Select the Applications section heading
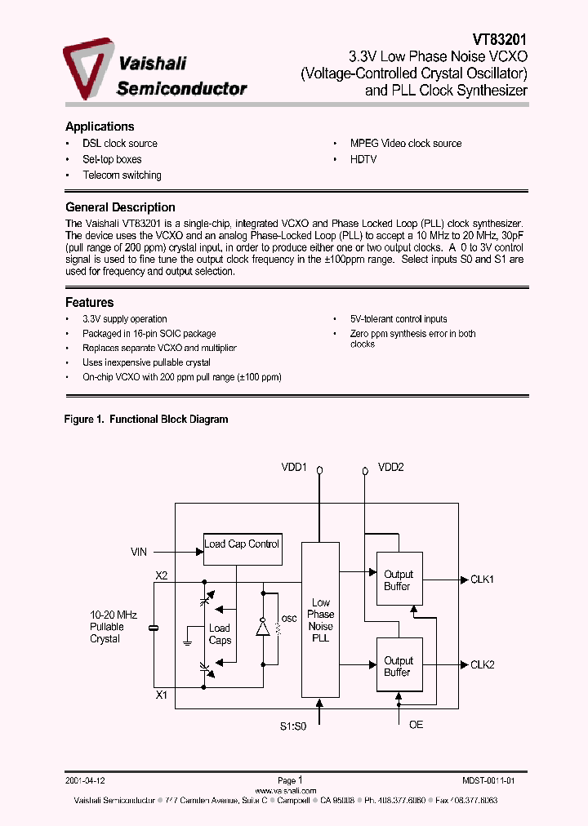click(100, 127)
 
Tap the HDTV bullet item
click(363, 160)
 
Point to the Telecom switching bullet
click(122, 175)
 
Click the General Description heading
click(120, 207)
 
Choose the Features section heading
click(89, 303)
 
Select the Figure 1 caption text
click(146, 420)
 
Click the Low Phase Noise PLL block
click(320, 619)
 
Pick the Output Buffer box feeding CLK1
click(399, 580)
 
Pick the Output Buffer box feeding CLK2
click(399, 666)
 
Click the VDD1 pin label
click(294, 468)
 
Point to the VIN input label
click(139, 552)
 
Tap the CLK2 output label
click(483, 665)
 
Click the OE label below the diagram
click(416, 725)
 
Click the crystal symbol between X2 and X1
click(153, 628)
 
